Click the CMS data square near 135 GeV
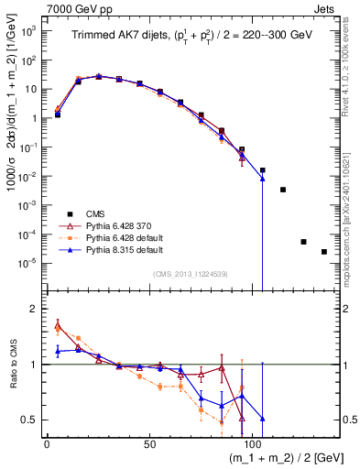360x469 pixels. [324, 252]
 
